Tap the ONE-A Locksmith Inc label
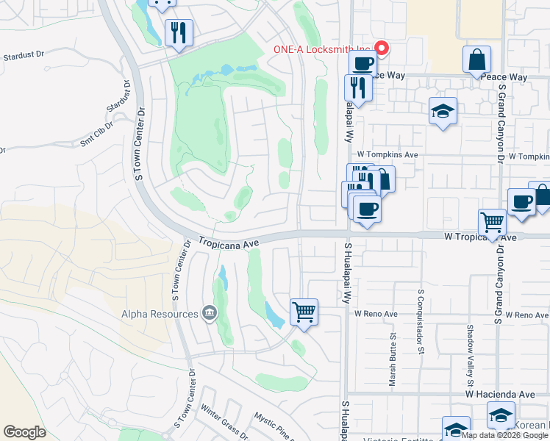[319, 49]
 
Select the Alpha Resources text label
[160, 314]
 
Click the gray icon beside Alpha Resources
[209, 314]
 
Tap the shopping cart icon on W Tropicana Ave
[492, 220]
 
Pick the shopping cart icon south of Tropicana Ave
[304, 312]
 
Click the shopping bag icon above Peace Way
[476, 60]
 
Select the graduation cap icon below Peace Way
[442, 110]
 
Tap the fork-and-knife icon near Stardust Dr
[179, 32]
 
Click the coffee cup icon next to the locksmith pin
[362, 64]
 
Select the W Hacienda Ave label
[499, 395]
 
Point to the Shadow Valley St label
[470, 357]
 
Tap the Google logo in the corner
[24, 431]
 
